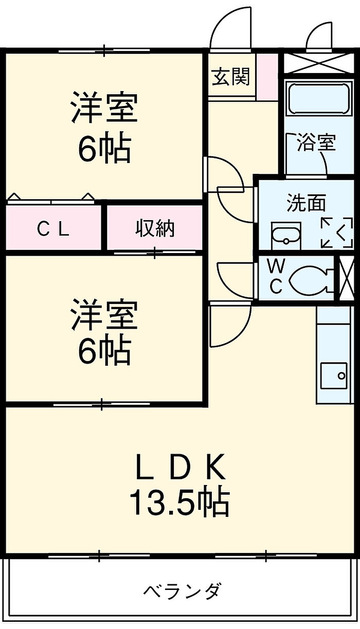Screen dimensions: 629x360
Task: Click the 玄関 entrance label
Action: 231,77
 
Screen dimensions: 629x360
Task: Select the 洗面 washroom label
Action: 307,204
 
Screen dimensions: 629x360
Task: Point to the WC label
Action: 276,276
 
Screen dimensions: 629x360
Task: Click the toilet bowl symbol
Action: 309,280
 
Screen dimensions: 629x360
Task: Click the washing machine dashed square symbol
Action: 337,232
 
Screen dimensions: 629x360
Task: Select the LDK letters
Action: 180,467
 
